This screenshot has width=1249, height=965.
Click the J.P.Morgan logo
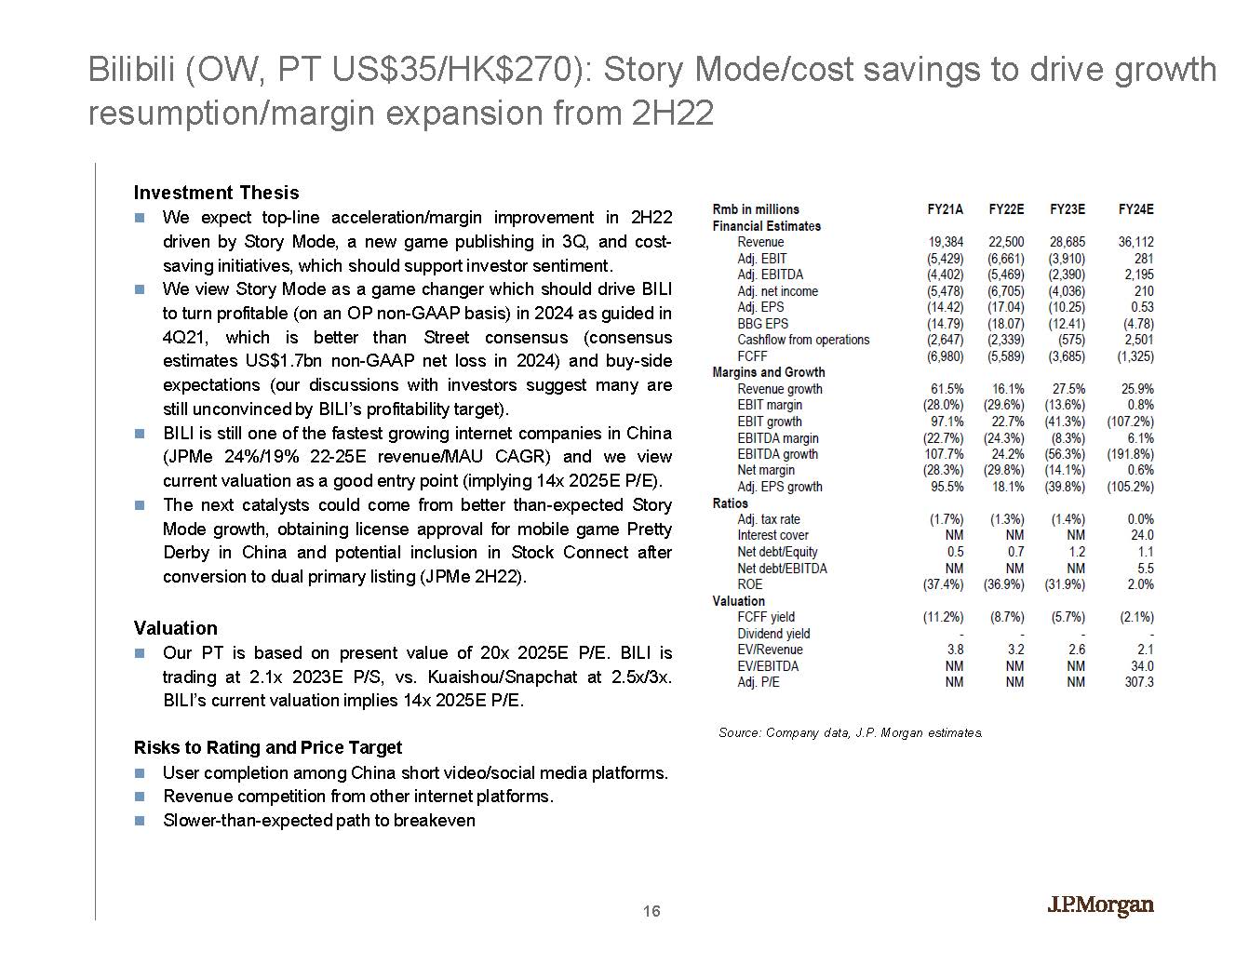point(1101,905)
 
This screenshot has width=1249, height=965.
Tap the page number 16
point(651,911)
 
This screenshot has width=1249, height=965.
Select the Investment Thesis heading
point(216,193)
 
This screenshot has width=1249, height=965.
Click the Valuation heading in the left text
point(175,628)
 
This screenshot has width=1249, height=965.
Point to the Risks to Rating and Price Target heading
point(268,747)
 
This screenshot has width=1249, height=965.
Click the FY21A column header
point(945,209)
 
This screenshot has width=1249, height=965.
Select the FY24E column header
point(1135,209)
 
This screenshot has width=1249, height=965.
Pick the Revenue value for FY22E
point(1006,242)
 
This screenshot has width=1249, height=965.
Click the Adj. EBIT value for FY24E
point(1144,259)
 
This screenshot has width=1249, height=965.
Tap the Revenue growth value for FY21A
point(947,389)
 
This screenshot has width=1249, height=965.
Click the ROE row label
point(749,584)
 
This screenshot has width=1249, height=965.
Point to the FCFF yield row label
point(766,617)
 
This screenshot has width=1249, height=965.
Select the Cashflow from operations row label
point(803,340)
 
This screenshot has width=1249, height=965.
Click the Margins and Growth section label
point(769,372)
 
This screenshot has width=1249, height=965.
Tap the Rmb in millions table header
point(756,209)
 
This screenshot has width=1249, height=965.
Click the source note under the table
point(851,732)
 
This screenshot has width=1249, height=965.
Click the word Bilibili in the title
point(133,70)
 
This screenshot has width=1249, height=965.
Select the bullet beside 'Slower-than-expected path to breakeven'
point(140,821)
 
